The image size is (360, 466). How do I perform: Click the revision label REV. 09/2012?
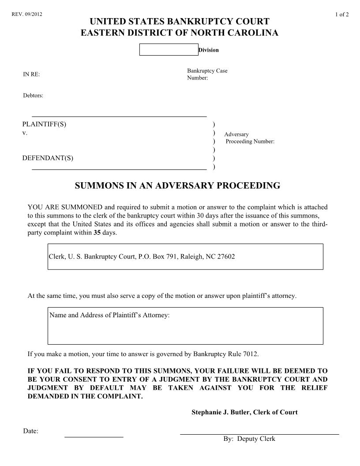pos(26,14)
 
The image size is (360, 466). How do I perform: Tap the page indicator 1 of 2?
pos(342,14)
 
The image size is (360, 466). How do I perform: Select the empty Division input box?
pos(169,50)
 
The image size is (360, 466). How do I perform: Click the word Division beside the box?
pos(209,50)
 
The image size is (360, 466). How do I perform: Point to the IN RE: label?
pos(31,75)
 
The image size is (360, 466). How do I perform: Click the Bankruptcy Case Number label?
pos(207,74)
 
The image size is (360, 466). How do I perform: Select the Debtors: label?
pos(33,95)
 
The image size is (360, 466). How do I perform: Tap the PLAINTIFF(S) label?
pos(44,124)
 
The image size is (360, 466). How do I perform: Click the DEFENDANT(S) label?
pos(48,158)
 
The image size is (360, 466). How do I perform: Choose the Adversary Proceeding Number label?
pos(249,138)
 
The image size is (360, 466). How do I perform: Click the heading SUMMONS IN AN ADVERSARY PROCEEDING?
pos(177,186)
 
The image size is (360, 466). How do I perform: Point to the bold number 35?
pos(97,233)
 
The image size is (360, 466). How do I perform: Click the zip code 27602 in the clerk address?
pos(226,256)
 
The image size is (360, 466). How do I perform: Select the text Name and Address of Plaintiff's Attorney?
pos(109,315)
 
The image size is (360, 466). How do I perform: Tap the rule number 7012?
pos(251,354)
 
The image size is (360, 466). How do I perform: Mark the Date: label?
pos(30,431)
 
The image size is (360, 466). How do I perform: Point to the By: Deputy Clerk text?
pos(249,439)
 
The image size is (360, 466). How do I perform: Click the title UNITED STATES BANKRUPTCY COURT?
pos(180,22)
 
